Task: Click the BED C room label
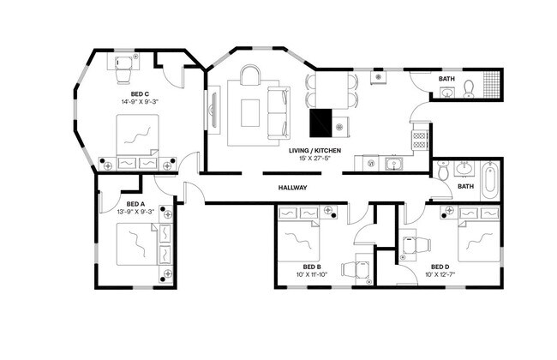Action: click(141, 93)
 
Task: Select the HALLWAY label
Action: click(292, 188)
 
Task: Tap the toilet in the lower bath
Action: click(443, 172)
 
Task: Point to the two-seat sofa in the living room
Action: click(278, 112)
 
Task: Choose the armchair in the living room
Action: click(250, 77)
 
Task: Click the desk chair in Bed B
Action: click(352, 269)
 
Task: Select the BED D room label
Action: click(440, 267)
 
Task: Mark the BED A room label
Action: click(135, 204)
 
